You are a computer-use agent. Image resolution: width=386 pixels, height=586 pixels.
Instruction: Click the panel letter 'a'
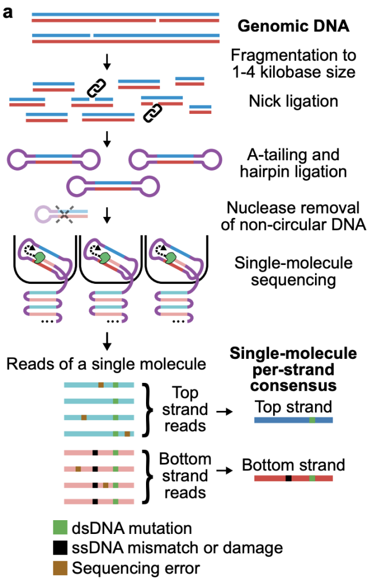9,11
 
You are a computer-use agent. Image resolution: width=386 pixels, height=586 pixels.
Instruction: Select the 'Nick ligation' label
293,101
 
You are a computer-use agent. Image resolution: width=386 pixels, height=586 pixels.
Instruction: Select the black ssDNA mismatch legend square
60,548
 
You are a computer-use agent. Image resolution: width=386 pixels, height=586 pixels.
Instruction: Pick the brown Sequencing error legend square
60,568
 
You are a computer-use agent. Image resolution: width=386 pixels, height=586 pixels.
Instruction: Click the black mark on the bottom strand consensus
289,478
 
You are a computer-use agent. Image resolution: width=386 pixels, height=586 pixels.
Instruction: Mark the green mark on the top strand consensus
312,420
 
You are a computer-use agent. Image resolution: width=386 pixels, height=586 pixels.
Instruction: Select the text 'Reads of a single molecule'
107,364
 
